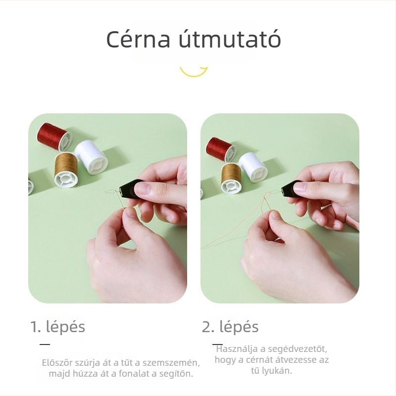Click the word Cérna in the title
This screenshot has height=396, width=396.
coord(138,39)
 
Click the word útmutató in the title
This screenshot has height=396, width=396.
coord(230,39)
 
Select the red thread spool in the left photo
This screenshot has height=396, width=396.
coord(54,137)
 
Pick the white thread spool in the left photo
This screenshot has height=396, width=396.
coord(91,157)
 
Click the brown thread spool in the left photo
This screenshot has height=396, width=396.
coord(66,170)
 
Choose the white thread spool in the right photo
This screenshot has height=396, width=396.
coord(253,167)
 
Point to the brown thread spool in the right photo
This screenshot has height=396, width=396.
coord(231,179)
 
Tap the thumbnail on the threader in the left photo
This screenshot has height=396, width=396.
coord(142,188)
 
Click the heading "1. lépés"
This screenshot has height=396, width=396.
coord(57,327)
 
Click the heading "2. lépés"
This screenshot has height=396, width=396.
coord(230,327)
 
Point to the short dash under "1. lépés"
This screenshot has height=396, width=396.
coord(45,344)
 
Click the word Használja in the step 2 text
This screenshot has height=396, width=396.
coord(237,349)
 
